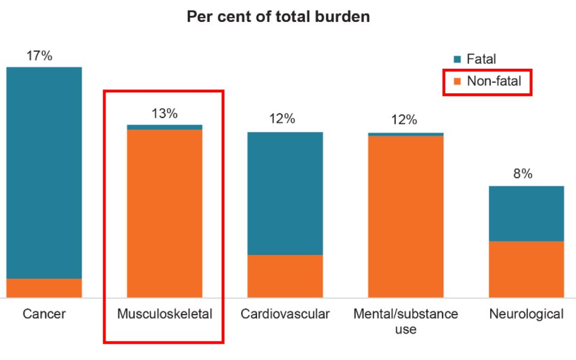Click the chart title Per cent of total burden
(278, 17)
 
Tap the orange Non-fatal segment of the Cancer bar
(44, 288)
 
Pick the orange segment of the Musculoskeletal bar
(164, 213)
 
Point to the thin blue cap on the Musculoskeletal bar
(164, 127)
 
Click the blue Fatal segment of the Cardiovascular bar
(285, 193)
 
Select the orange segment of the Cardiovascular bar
(285, 276)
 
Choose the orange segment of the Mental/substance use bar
(405, 216)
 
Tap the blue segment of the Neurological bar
(526, 213)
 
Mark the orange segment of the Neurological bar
(526, 269)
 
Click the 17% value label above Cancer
(39, 55)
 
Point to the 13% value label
(164, 114)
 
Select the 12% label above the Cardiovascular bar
(282, 118)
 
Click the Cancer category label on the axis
(44, 314)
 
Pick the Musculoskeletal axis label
(164, 314)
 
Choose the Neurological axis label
(526, 314)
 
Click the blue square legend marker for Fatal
(457, 60)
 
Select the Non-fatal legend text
(494, 82)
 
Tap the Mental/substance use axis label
(405, 321)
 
